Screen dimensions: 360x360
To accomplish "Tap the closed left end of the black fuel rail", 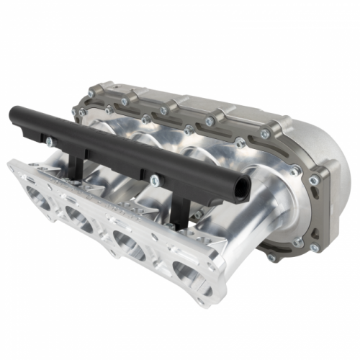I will [14, 113].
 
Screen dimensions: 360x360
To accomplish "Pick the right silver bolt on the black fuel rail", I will [153, 176].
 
